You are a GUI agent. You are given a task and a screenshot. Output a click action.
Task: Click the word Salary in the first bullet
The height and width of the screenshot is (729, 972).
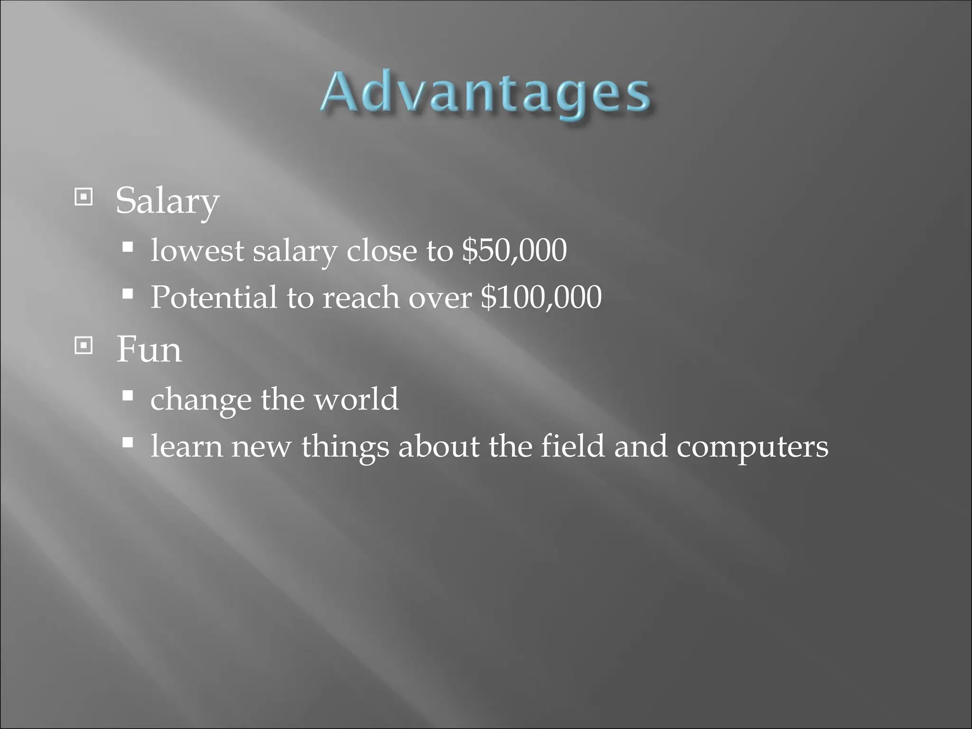coord(167,201)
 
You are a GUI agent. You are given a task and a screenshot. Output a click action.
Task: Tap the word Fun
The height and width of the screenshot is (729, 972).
coord(149,349)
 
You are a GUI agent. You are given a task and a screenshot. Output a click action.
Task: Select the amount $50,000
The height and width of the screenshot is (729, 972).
coord(514,250)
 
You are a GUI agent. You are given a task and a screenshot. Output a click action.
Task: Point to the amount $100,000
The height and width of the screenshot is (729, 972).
coord(541,298)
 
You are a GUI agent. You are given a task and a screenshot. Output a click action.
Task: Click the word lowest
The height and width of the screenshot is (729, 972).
coord(197,250)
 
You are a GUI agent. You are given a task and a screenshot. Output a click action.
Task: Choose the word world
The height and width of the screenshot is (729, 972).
coord(356,399)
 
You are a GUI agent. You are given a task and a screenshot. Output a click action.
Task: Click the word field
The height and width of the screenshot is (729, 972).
coord(573,446)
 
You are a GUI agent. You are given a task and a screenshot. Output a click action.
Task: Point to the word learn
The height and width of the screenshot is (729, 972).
coord(187,446)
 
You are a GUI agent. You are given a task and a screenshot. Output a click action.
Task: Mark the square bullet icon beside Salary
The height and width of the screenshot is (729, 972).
coord(84,197)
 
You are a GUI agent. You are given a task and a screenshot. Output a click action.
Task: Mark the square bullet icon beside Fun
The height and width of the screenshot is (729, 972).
coord(84,346)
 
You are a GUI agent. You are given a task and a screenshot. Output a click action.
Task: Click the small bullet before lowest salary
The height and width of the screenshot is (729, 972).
coord(127,247)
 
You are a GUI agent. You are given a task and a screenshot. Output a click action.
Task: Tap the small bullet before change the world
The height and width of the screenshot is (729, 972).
coord(127,395)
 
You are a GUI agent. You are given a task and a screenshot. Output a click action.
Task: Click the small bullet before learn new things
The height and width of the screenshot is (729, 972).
coord(127,443)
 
